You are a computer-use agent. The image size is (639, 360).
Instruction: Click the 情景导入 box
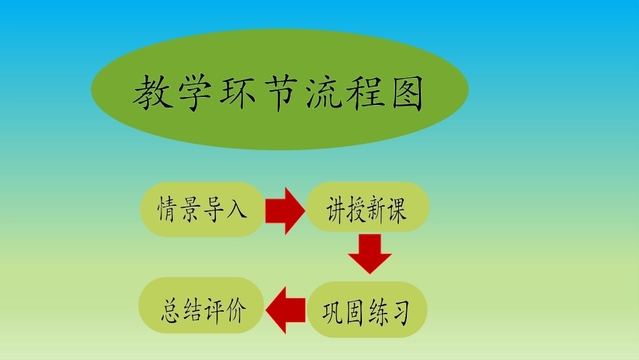click(x=202, y=209)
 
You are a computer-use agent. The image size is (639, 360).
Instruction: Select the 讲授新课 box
click(x=367, y=208)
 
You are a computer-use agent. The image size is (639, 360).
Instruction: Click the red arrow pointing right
click(x=285, y=211)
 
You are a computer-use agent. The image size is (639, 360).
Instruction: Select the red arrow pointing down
click(x=370, y=253)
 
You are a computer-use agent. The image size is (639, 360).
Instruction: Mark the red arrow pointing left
click(x=285, y=310)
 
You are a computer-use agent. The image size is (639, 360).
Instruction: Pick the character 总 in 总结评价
click(x=170, y=309)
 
